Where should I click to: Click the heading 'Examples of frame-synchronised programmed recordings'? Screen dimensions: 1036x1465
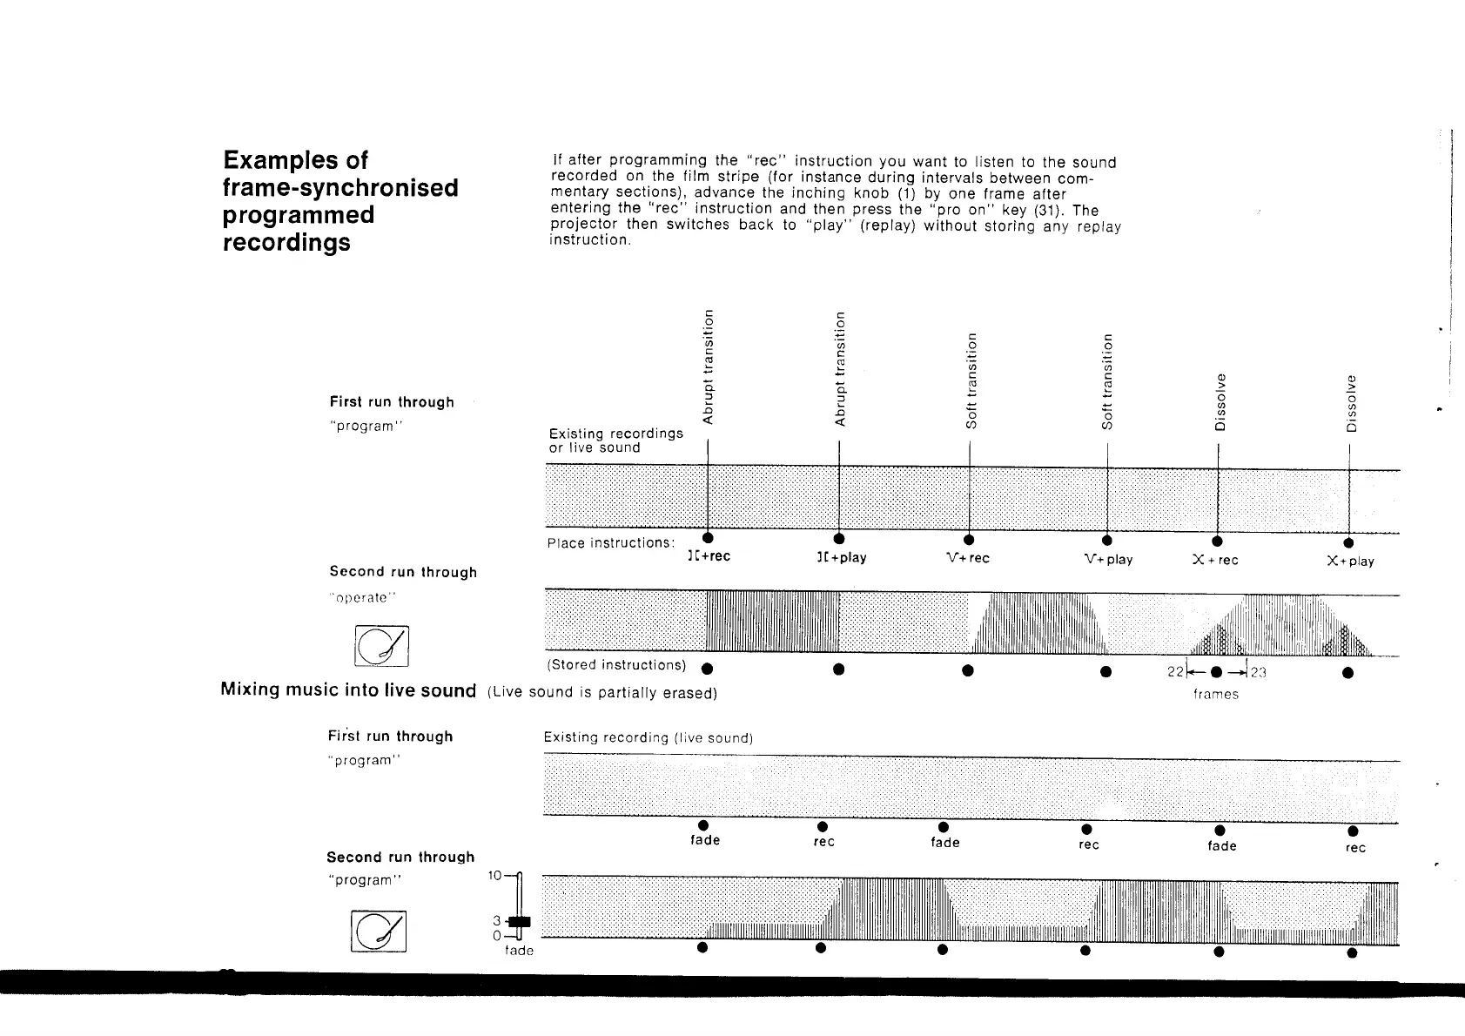pyautogui.click(x=340, y=201)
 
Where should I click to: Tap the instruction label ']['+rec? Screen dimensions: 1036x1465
pyautogui.click(x=709, y=557)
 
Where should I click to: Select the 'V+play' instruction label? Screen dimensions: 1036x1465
pyautogui.click(x=1108, y=559)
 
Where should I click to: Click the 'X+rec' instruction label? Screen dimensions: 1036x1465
pyautogui.click(x=1215, y=560)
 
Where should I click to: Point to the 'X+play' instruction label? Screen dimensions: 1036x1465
pyautogui.click(x=1350, y=562)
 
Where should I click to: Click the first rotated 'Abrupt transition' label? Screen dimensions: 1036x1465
pyautogui.click(x=709, y=368)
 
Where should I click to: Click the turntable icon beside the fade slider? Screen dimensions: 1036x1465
pyautogui.click(x=379, y=932)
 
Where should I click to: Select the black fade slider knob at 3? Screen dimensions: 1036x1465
pyautogui.click(x=519, y=921)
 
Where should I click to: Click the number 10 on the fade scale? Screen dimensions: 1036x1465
pyautogui.click(x=494, y=876)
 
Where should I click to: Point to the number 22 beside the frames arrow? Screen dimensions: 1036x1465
pyautogui.click(x=1175, y=672)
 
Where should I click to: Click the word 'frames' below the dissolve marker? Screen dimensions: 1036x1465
pyautogui.click(x=1215, y=694)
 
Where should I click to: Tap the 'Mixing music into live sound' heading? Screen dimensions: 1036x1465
pyautogui.click(x=348, y=690)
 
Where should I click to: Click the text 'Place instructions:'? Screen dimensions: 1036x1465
pyautogui.click(x=610, y=543)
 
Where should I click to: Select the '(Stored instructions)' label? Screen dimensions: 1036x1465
pyautogui.click(x=616, y=665)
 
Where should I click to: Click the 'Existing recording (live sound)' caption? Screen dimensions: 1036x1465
pyautogui.click(x=648, y=738)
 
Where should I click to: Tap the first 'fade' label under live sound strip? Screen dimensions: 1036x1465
pyautogui.click(x=705, y=840)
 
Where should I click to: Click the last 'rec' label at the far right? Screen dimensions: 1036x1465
pyautogui.click(x=1355, y=848)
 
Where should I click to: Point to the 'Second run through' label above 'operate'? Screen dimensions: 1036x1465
pyautogui.click(x=403, y=572)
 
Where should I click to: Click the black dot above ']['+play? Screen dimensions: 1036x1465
pyautogui.click(x=839, y=538)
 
